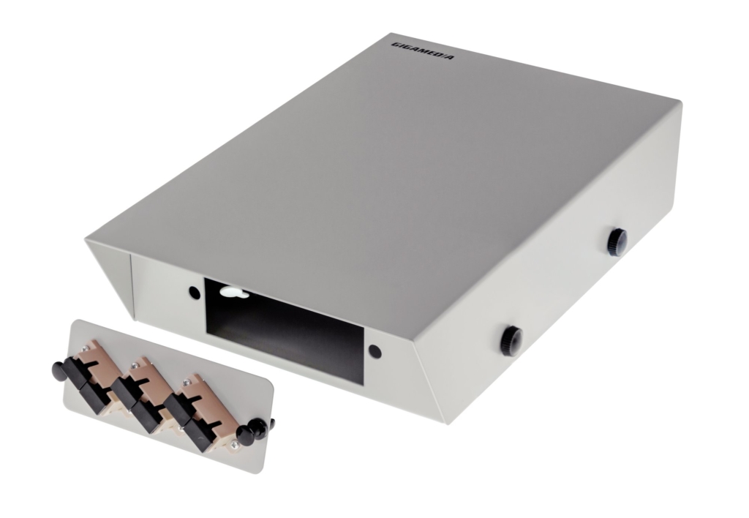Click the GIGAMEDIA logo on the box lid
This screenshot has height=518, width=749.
(423, 51)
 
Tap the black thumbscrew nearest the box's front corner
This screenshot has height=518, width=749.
(511, 341)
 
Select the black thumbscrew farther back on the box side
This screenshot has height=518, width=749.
(617, 242)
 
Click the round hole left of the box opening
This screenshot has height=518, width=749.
(195, 293)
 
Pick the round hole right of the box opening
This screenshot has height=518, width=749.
(375, 352)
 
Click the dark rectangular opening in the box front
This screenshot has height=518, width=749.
(285, 330)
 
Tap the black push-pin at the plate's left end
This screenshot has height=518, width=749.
(60, 371)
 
